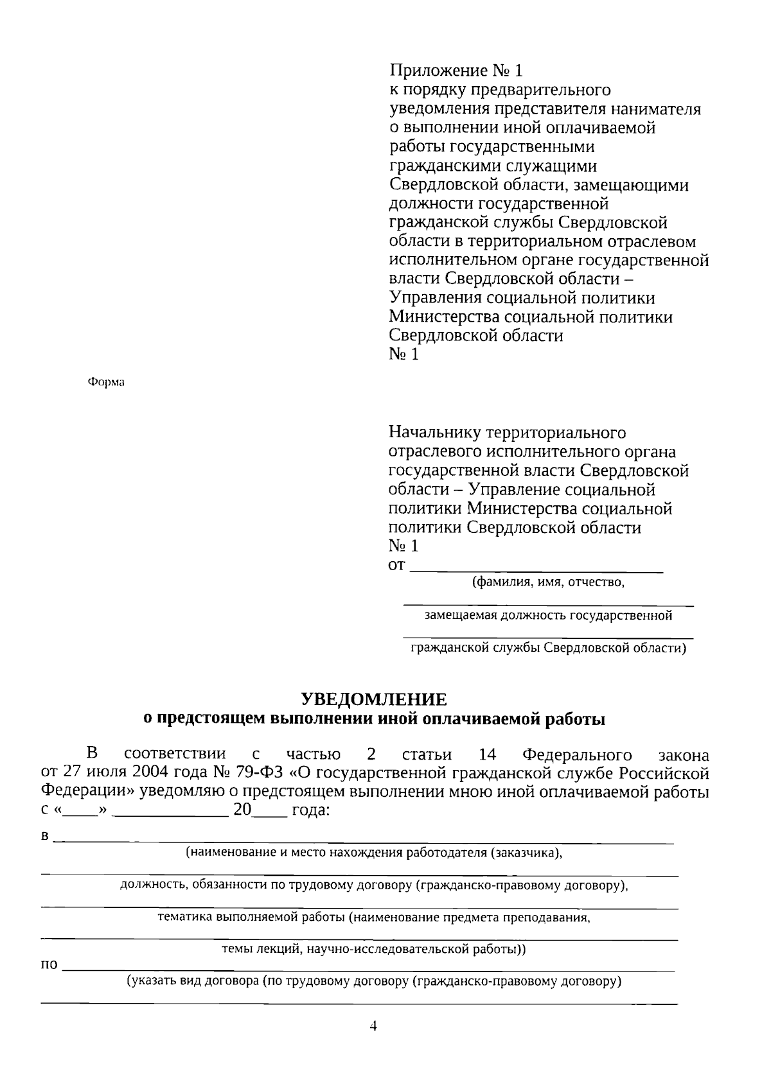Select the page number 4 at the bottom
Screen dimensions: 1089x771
[x=373, y=1026]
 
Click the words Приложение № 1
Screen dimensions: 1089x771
[x=456, y=71]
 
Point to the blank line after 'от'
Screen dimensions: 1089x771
[x=536, y=568]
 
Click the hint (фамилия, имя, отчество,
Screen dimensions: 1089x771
[x=548, y=582]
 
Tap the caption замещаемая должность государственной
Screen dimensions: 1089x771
[x=548, y=616]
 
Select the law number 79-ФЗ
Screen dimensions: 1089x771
[x=261, y=773]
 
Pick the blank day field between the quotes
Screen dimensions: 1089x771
[x=80, y=810]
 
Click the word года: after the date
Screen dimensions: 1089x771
[x=311, y=810]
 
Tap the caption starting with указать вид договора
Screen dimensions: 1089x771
[x=373, y=982]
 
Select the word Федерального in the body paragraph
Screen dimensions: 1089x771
[x=577, y=754]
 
